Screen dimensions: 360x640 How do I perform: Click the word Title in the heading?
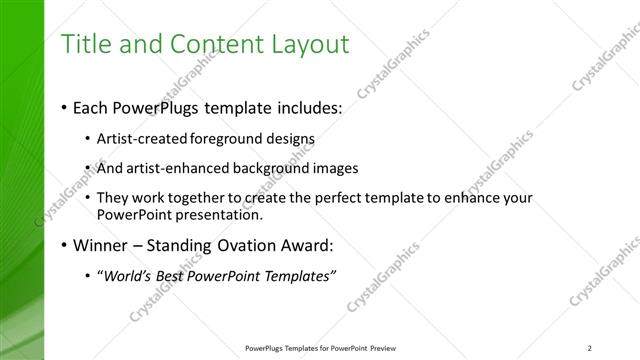86,44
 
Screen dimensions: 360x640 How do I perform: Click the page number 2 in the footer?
590,347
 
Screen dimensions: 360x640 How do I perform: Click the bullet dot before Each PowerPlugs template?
65,107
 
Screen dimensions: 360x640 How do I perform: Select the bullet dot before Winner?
65,245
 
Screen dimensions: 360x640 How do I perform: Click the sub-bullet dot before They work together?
89,199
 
